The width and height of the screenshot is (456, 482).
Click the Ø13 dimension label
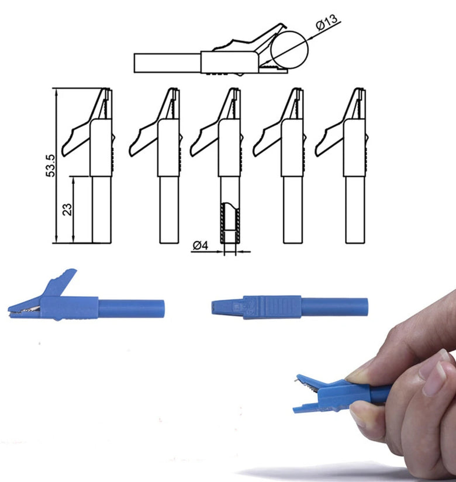tap(327, 22)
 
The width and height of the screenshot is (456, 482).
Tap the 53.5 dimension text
tap(50, 166)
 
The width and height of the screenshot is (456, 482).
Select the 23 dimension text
tap(67, 209)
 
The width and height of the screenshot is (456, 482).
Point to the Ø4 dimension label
tap(201, 245)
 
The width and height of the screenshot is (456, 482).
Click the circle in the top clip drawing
tap(289, 50)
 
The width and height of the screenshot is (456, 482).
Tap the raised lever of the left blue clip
tap(60, 283)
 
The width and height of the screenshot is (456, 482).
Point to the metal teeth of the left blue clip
tap(25, 310)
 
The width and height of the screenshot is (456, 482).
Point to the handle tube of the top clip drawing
tap(168, 63)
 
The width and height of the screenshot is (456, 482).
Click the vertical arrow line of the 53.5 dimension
tap(56, 165)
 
